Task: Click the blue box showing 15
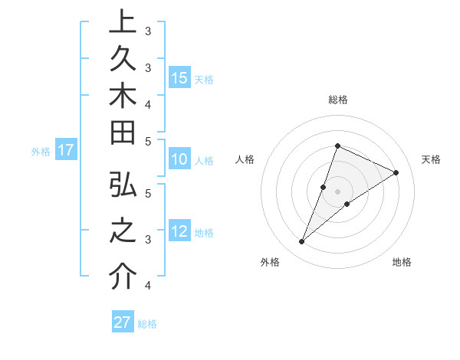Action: coord(179,78)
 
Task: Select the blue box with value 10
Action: coord(179,160)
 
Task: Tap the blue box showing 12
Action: coord(179,232)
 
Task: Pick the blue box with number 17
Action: coord(66,150)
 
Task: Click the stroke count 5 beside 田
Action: coord(148,141)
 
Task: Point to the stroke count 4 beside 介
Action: coord(148,286)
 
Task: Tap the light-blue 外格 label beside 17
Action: coord(41,152)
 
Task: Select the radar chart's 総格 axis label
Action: coord(338,100)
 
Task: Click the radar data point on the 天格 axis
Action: coord(396,172)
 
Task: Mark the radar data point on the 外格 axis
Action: coord(302,242)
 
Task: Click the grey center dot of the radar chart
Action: coord(338,191)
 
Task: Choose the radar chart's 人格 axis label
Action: coord(245,159)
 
